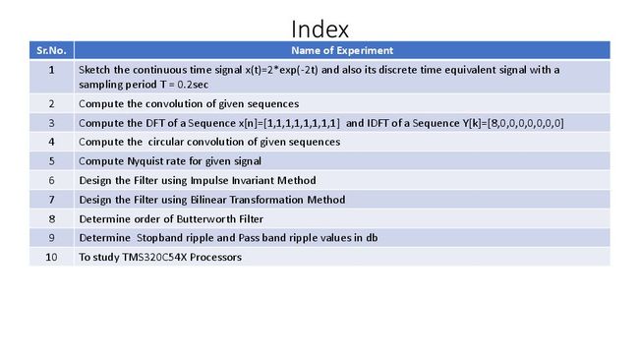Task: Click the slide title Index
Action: [x=319, y=30]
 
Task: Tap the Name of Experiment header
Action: [x=342, y=50]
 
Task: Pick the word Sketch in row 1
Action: [x=94, y=70]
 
